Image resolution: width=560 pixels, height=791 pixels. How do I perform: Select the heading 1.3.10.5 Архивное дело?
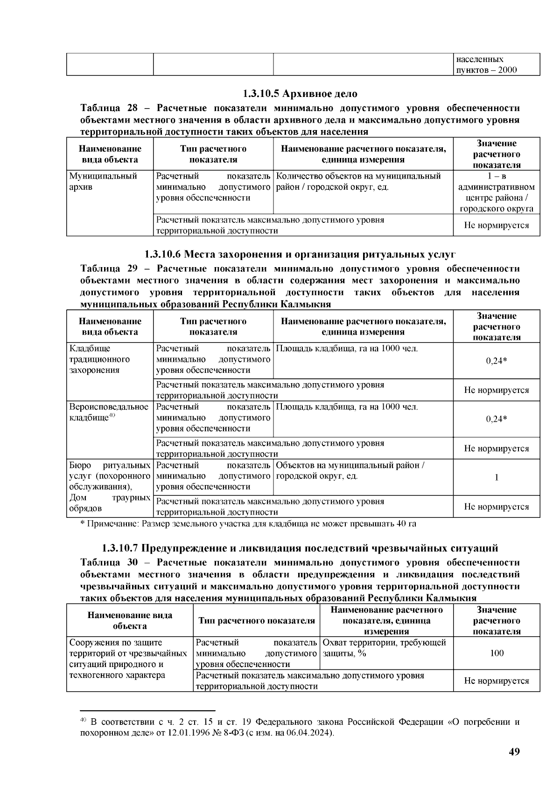point(300,94)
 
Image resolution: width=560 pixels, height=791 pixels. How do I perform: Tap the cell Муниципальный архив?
point(104,182)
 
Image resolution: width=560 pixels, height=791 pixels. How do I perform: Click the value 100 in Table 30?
point(497,653)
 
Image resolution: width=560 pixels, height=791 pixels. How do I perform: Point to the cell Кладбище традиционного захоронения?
point(100,359)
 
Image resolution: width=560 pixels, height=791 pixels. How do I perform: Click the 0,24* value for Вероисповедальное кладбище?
point(497,419)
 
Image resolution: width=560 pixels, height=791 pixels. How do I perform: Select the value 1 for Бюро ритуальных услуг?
point(497,477)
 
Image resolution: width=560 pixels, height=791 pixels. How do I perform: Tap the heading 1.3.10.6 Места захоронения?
point(300,254)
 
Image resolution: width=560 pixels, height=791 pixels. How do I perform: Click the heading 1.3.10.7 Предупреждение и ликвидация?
point(300,548)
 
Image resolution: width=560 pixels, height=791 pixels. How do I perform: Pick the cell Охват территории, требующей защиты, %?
point(385,648)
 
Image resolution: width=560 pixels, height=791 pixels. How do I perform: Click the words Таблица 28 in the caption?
point(109,108)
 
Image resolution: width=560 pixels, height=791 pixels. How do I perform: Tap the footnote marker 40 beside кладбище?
point(112,415)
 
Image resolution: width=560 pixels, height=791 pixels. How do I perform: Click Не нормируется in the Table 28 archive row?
point(497,226)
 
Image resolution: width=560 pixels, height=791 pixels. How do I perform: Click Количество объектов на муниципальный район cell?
point(358,182)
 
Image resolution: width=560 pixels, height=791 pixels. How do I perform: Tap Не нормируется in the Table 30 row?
point(497,681)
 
